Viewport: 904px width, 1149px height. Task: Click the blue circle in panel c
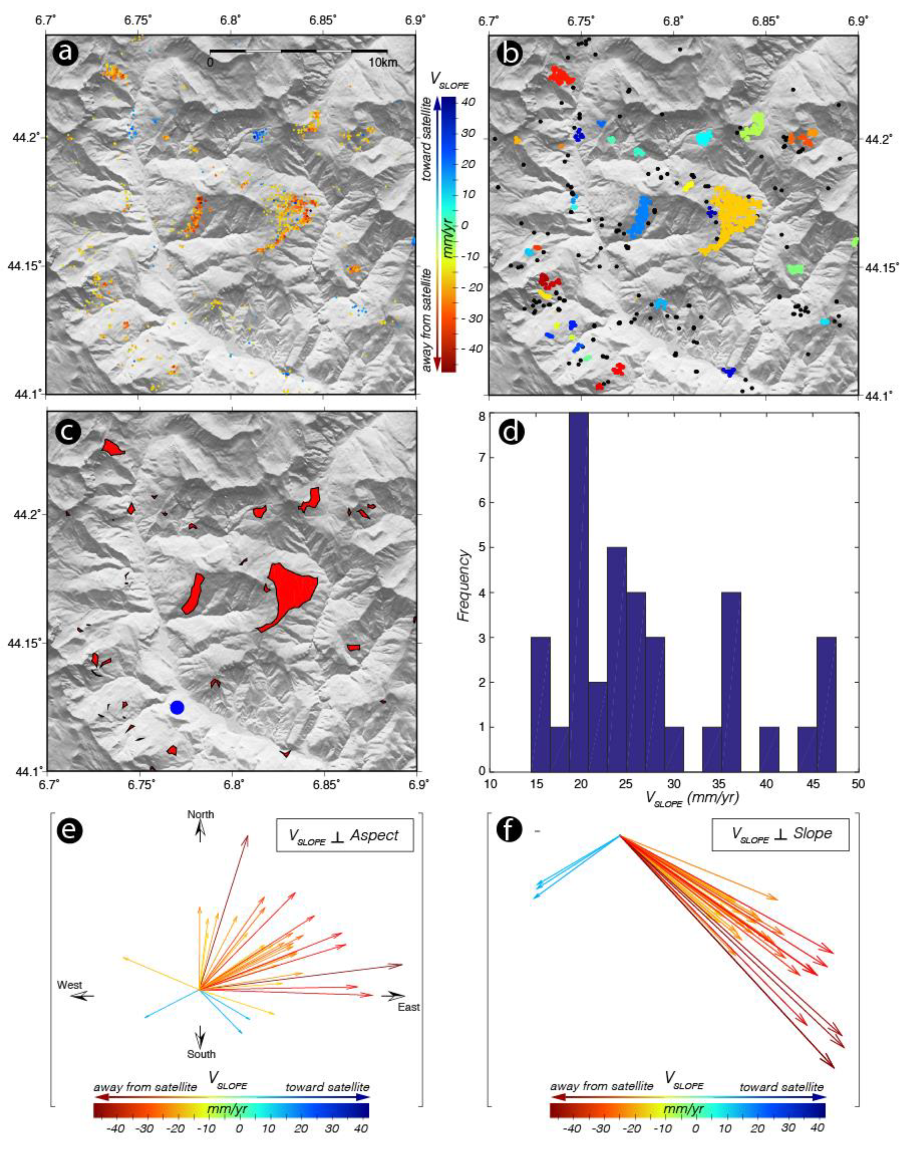pos(177,707)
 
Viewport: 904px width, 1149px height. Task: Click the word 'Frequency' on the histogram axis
pos(463,585)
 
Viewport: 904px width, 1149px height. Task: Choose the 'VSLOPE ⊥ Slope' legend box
pos(780,833)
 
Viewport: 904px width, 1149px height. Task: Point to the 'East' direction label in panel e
pos(409,1006)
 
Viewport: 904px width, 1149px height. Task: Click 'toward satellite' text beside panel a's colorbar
pos(427,143)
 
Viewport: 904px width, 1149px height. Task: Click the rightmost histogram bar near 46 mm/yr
pos(826,704)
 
